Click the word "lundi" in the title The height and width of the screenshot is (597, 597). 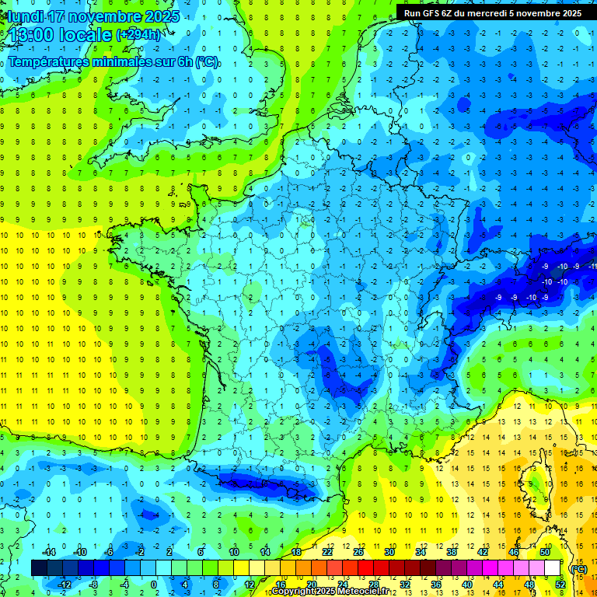pyautogui.click(x=24, y=16)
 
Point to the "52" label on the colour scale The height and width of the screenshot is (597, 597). pyautogui.click(x=560, y=585)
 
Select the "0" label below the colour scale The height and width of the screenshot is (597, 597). pyautogui.click(x=154, y=585)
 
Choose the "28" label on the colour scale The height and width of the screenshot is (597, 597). pyautogui.click(x=373, y=585)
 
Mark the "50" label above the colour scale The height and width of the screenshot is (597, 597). pyautogui.click(x=545, y=551)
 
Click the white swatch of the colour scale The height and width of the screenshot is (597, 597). pyautogui.click(x=552, y=568)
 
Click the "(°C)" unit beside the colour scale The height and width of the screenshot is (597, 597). pyautogui.click(x=578, y=569)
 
